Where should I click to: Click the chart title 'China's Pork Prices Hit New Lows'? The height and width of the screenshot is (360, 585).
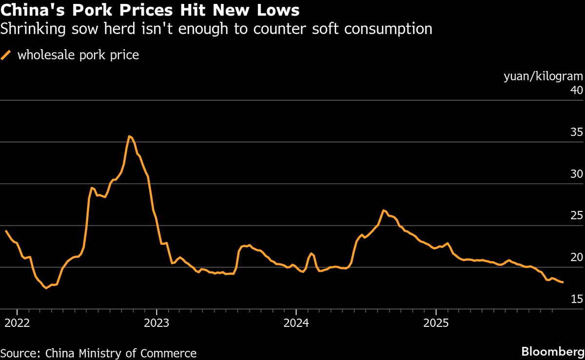click(x=150, y=10)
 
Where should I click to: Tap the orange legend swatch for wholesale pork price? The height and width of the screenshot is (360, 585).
click(x=6, y=55)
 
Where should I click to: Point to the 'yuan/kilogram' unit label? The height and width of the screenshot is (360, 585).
click(x=543, y=76)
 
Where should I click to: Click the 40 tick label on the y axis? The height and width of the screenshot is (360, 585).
click(x=576, y=90)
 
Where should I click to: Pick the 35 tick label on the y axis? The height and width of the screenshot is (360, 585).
click(x=576, y=132)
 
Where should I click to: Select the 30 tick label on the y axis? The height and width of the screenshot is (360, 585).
click(x=576, y=174)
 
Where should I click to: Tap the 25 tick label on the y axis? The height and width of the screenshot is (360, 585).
click(x=576, y=215)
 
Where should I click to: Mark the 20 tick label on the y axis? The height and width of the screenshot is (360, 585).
click(x=576, y=257)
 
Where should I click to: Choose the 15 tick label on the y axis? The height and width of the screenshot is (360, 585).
click(x=576, y=299)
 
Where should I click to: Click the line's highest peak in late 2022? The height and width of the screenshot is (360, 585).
click(x=129, y=136)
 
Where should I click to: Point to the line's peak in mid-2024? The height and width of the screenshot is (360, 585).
click(x=384, y=210)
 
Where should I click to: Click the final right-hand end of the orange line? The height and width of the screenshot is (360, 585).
click(x=563, y=282)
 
